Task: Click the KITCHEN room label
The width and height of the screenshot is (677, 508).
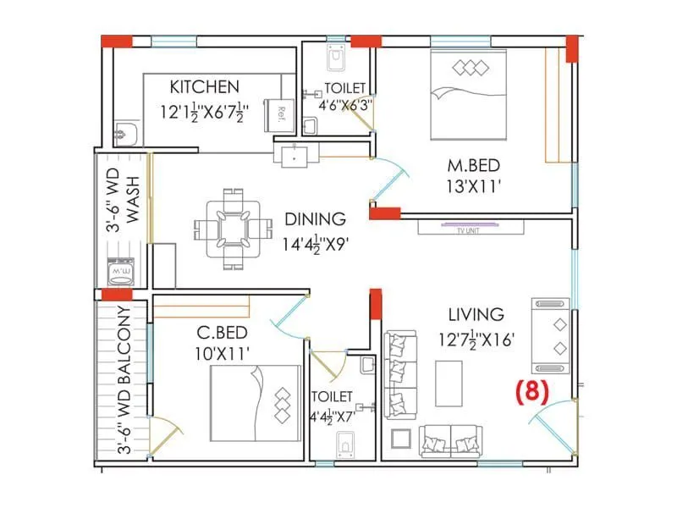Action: [204, 86]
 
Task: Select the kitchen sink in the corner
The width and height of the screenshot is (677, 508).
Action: [125, 134]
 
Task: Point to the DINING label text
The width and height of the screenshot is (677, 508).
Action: [315, 218]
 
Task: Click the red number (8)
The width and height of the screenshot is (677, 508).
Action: [531, 391]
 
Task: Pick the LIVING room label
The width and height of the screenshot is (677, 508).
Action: [476, 315]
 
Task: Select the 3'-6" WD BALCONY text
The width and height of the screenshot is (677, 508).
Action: [124, 381]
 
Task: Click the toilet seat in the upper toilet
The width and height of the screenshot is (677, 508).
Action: [335, 57]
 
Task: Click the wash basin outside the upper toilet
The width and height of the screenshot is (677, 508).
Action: [295, 154]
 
